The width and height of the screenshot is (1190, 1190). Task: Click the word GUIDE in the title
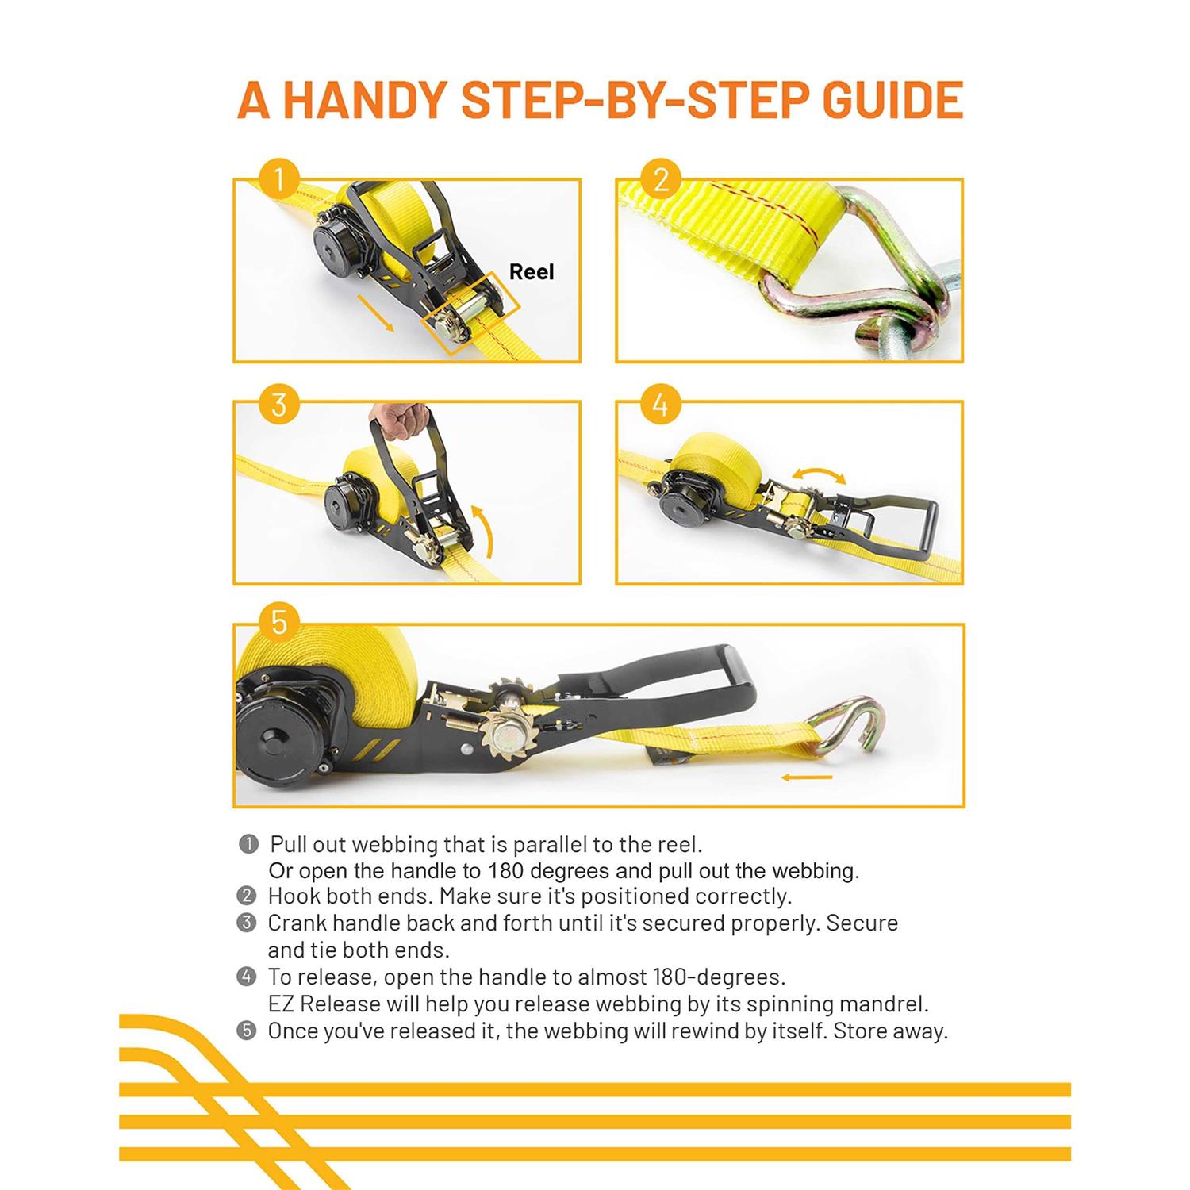click(x=892, y=100)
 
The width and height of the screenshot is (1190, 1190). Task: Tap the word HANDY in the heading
click(x=366, y=100)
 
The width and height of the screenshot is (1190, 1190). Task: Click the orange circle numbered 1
click(x=278, y=179)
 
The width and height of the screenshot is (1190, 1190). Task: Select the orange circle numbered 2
click(x=661, y=179)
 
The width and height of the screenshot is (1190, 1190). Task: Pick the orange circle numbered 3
click(x=278, y=405)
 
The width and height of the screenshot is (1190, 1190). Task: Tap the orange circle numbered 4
click(x=661, y=405)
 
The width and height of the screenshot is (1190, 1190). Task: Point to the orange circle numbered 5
click(x=278, y=622)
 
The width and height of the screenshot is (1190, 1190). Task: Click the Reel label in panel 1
click(x=531, y=272)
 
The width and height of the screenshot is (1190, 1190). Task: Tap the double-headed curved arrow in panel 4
click(x=820, y=474)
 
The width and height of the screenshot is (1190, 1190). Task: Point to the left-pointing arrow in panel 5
click(x=807, y=777)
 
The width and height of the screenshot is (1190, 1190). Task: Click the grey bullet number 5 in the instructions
click(x=247, y=1031)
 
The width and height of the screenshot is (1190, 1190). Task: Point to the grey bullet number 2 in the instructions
click(x=247, y=896)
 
